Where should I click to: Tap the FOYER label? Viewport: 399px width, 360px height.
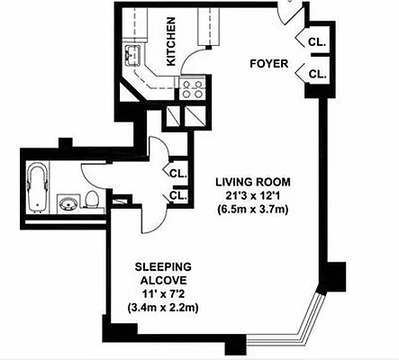(268, 64)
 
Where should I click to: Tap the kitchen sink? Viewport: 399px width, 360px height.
(136, 60)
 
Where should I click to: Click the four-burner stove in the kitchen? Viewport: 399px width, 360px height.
(192, 89)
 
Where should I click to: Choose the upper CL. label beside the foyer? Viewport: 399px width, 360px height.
(316, 43)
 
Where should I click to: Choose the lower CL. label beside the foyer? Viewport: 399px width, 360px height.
(316, 74)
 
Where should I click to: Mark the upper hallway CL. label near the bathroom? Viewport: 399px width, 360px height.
(177, 173)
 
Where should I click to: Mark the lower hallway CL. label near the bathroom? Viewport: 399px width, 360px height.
(177, 194)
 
